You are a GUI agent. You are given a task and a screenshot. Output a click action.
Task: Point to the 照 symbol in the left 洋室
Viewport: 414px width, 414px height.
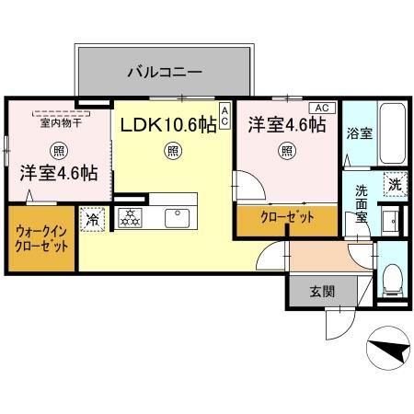click(59, 150)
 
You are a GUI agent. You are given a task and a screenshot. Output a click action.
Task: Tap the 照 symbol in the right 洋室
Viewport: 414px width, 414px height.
click(287, 151)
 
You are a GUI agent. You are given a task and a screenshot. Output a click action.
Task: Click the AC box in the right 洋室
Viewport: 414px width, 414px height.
click(326, 107)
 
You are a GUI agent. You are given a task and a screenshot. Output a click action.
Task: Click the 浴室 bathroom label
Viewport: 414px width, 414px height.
click(359, 133)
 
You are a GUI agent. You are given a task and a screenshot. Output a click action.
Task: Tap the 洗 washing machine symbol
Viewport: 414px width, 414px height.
click(394, 184)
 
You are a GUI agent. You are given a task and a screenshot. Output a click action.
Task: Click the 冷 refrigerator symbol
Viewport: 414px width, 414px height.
click(92, 220)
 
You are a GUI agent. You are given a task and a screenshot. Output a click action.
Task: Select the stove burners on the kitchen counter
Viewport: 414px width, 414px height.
click(132, 218)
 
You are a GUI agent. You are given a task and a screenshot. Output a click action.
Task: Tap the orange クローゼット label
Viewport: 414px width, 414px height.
click(287, 218)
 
